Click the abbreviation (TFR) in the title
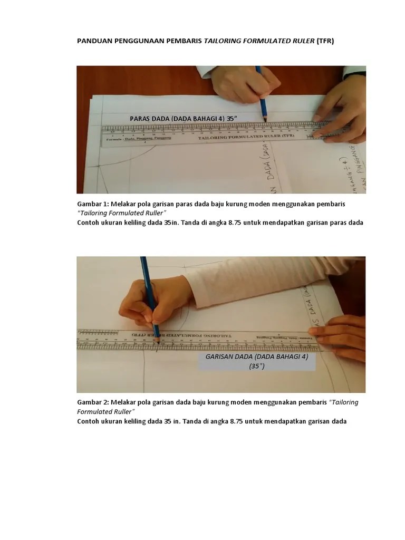325,41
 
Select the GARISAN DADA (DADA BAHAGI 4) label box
256,361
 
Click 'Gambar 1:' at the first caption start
93,204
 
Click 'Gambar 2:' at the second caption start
93,402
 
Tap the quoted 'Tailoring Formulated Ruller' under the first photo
121,213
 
